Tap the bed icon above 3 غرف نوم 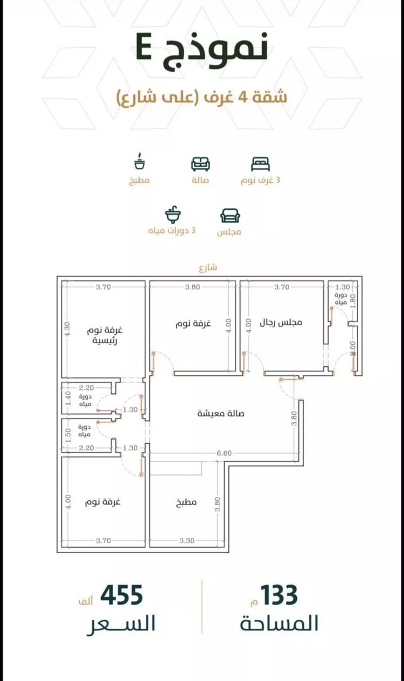point(260,164)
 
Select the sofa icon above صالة point(200,164)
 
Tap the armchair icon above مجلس point(230,216)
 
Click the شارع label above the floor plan point(207,267)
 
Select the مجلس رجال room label point(281,323)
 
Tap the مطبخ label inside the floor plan point(186,503)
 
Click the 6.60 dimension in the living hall point(224,453)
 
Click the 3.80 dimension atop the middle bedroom point(192,287)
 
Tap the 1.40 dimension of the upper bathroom point(67,399)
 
